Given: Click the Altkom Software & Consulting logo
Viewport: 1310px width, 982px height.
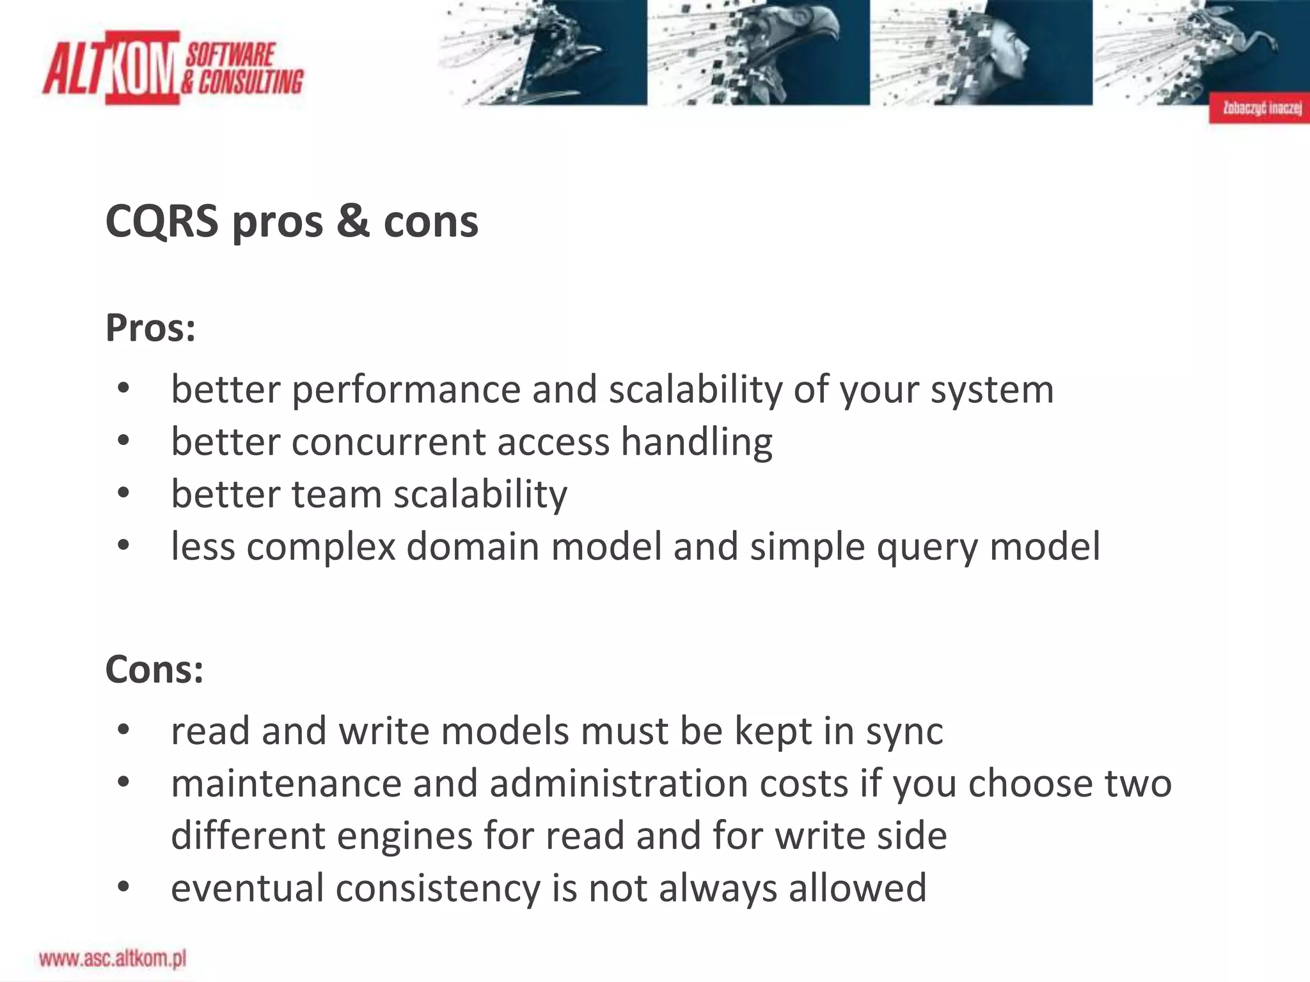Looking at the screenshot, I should pos(173,67).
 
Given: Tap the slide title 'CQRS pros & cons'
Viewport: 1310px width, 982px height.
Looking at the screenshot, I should pos(292,222).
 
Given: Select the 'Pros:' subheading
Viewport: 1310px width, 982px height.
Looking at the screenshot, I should pos(150,328).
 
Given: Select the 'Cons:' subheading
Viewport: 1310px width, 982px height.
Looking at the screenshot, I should pos(154,670).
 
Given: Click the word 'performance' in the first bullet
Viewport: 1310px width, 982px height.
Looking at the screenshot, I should pos(406,390).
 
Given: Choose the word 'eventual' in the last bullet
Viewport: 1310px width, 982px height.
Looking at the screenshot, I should pos(247,889).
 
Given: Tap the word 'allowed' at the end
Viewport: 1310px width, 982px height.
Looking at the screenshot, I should pos(856,889).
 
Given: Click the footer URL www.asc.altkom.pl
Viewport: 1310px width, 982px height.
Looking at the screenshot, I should pos(113,958).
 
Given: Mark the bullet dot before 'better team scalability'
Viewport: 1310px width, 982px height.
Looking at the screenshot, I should pos(123,494).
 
